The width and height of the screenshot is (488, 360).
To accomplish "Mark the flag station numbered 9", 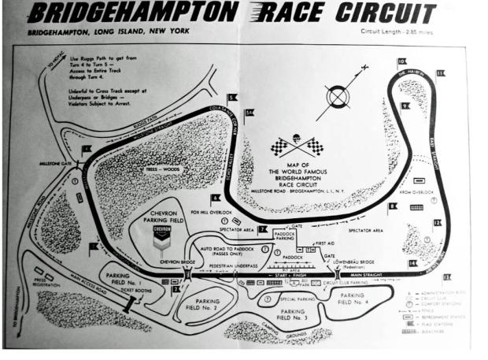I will pyautogui.click(x=406, y=105).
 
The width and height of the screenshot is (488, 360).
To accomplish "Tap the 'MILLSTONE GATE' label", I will pyautogui.click(x=57, y=164).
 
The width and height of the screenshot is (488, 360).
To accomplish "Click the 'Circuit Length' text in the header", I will pyautogui.click(x=397, y=32).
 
